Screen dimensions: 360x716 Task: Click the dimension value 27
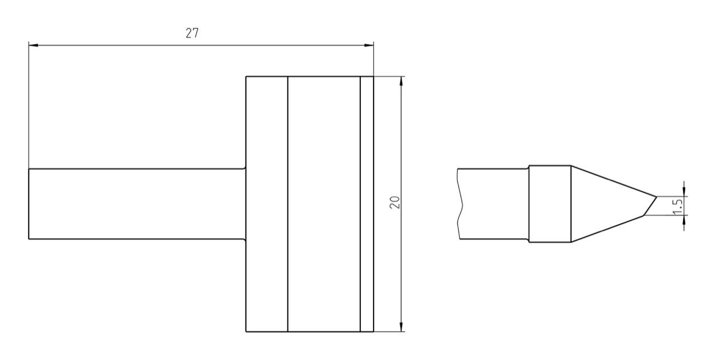pyautogui.click(x=192, y=33)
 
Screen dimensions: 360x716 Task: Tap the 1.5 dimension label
pyautogui.click(x=677, y=206)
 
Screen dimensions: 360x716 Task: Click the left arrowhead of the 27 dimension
pyautogui.click(x=32, y=45)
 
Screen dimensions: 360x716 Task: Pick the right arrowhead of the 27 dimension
pyautogui.click(x=369, y=45)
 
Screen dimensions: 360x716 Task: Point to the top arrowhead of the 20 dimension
pyautogui.click(x=401, y=80)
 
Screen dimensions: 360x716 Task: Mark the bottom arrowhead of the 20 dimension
pyautogui.click(x=401, y=328)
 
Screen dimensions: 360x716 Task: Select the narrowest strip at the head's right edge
pyautogui.click(x=367, y=204)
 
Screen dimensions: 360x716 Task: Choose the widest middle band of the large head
pyautogui.click(x=324, y=204)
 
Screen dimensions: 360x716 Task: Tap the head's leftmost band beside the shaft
pyautogui.click(x=267, y=204)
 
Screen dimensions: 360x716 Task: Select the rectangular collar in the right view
pyautogui.click(x=550, y=204)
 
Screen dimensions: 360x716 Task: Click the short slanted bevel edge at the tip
pyautogui.click(x=649, y=206)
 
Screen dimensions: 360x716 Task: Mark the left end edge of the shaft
pyautogui.click(x=29, y=204)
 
